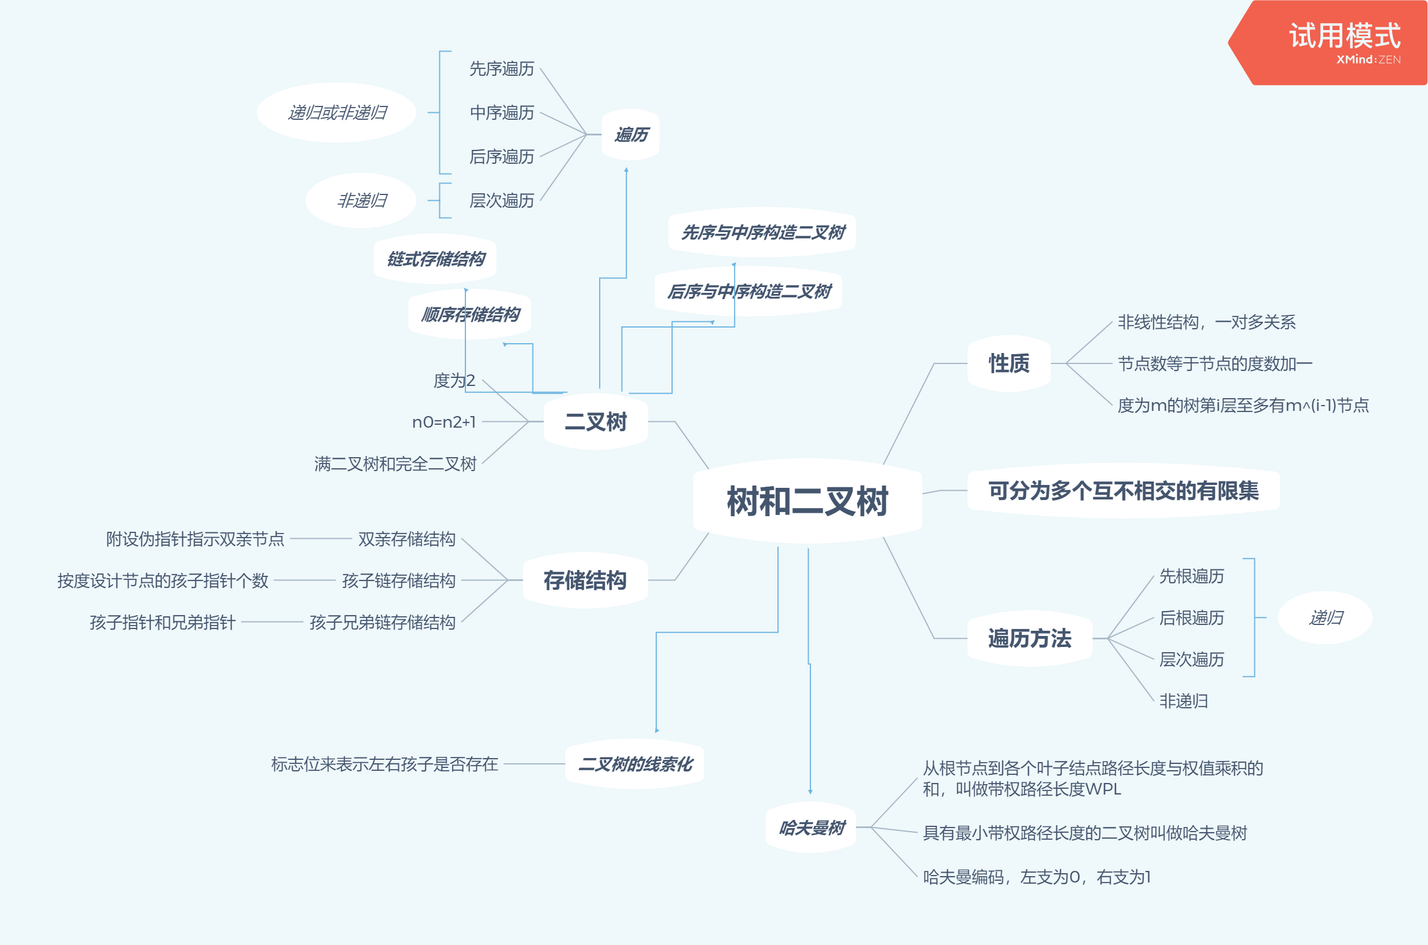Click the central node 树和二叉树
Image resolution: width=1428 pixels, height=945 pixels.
pyautogui.click(x=807, y=501)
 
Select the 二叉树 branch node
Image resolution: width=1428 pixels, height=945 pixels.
pyautogui.click(x=596, y=421)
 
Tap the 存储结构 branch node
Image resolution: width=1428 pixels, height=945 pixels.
pyautogui.click(x=585, y=580)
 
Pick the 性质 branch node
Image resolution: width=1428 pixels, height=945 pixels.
pyautogui.click(x=1008, y=363)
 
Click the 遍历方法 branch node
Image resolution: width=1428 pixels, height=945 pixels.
pyautogui.click(x=1029, y=638)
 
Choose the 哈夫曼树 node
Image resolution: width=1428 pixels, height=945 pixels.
pyautogui.click(x=812, y=828)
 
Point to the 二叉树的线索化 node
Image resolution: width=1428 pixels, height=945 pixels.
pyautogui.click(x=635, y=764)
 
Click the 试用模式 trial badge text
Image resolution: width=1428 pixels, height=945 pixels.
pyautogui.click(x=1344, y=36)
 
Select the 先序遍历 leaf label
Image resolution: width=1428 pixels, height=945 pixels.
pyautogui.click(x=501, y=69)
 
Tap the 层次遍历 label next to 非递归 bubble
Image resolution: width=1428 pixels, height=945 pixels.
pyautogui.click(x=501, y=200)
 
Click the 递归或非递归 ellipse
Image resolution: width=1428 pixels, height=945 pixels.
pyautogui.click(x=336, y=113)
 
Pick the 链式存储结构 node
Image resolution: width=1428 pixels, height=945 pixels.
pyautogui.click(x=435, y=259)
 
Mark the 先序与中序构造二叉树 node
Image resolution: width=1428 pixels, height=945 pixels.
pyautogui.click(x=762, y=232)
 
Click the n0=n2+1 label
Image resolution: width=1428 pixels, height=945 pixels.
pyautogui.click(x=443, y=422)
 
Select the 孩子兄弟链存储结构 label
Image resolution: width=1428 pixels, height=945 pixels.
pyautogui.click(x=382, y=622)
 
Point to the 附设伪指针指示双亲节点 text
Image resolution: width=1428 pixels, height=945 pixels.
pyautogui.click(x=194, y=539)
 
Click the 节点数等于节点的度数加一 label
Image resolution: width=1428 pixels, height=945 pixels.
pyautogui.click(x=1214, y=363)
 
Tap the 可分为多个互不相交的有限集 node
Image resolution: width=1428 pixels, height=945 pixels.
pyautogui.click(x=1123, y=491)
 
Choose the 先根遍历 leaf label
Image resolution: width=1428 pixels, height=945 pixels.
pyautogui.click(x=1191, y=576)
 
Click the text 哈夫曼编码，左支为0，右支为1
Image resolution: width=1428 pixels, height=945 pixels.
pyautogui.click(x=1037, y=877)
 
